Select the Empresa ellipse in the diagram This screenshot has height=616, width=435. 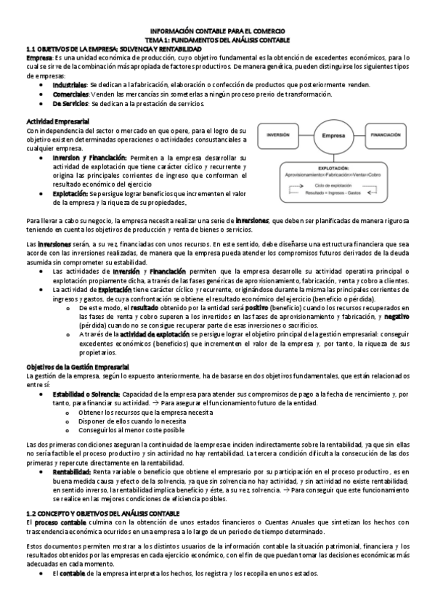(x=333, y=136)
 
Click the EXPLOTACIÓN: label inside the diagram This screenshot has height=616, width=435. (x=333, y=167)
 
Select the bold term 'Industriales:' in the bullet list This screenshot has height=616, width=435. (x=70, y=85)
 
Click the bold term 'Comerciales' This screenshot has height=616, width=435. (x=70, y=94)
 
